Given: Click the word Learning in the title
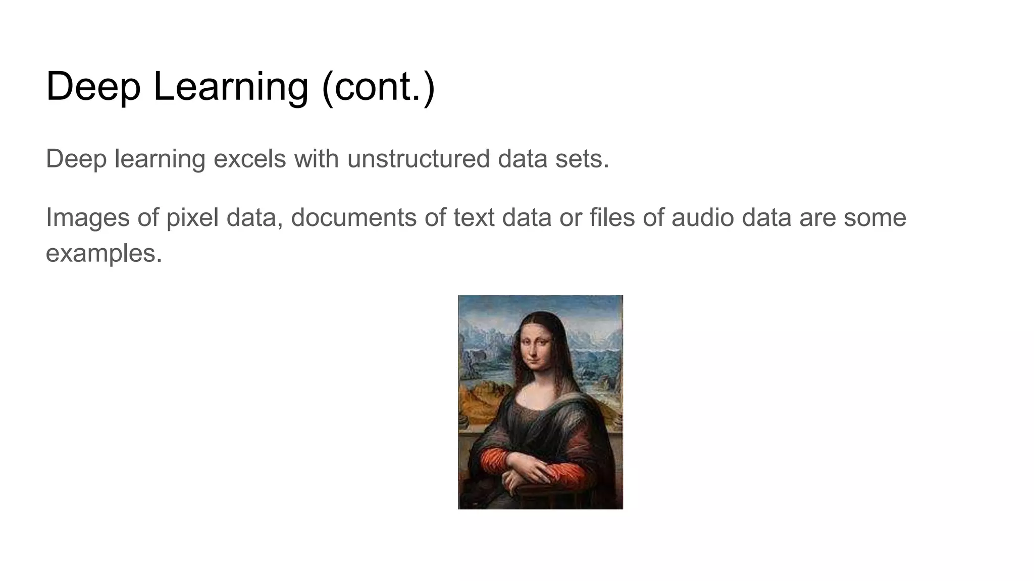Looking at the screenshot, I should pyautogui.click(x=230, y=87).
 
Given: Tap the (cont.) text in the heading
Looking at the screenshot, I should pyautogui.click(x=378, y=87).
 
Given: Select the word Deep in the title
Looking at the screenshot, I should pyautogui.click(x=93, y=87).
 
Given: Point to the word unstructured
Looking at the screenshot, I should pyautogui.click(x=418, y=159).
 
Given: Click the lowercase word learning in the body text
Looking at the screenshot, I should pyautogui.click(x=160, y=159).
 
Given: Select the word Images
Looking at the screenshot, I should pyautogui.click(x=88, y=218).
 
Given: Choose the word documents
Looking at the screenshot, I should pyautogui.click(x=353, y=218).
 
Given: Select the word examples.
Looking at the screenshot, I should pyautogui.click(x=104, y=253).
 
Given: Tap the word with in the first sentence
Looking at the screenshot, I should pyautogui.click(x=316, y=159).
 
